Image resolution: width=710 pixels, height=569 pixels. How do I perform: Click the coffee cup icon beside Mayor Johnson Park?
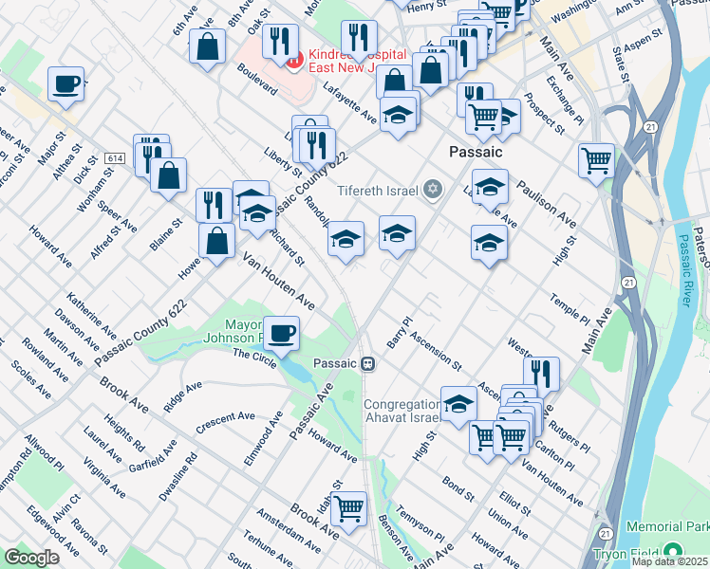click(281, 334)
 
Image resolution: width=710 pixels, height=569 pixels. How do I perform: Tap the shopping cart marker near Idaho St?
click(349, 508)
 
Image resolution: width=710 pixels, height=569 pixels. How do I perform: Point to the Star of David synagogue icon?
click(433, 191)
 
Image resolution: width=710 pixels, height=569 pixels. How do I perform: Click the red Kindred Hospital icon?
click(294, 61)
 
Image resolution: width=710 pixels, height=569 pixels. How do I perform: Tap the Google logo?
click(31, 558)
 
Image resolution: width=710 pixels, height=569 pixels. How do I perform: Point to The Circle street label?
click(254, 358)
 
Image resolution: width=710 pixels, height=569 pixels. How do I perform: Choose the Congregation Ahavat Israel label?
click(402, 411)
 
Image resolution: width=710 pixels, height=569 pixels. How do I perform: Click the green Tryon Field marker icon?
click(673, 551)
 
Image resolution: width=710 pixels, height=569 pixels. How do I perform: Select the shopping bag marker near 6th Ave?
click(207, 46)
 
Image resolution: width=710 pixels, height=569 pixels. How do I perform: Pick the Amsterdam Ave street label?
click(289, 530)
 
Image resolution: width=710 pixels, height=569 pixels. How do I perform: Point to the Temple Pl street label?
click(570, 311)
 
